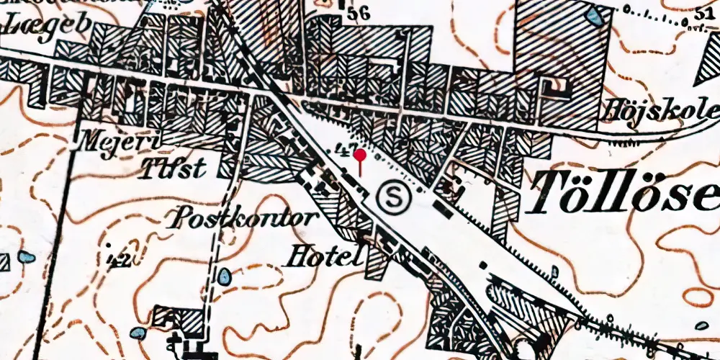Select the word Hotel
tap(324, 255)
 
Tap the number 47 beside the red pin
tap(343, 151)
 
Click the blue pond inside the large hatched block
tap(595, 16)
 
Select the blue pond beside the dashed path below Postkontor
tap(225, 276)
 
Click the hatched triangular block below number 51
tap(710, 72)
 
